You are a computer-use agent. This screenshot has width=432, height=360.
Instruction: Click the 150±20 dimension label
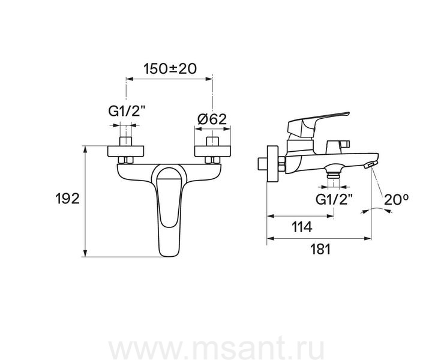tap(170, 68)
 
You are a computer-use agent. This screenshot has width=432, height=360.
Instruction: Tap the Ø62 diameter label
tap(212, 119)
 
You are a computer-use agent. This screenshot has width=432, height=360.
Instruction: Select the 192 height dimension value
tap(67, 199)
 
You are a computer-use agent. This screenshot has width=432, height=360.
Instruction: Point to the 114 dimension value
tap(302, 227)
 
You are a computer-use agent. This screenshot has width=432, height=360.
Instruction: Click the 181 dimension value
tap(320, 249)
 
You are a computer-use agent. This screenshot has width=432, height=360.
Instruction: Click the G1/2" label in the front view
tap(127, 112)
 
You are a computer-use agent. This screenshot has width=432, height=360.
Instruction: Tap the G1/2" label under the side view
tap(334, 199)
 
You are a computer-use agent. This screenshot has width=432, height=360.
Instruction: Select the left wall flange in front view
tap(125, 151)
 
